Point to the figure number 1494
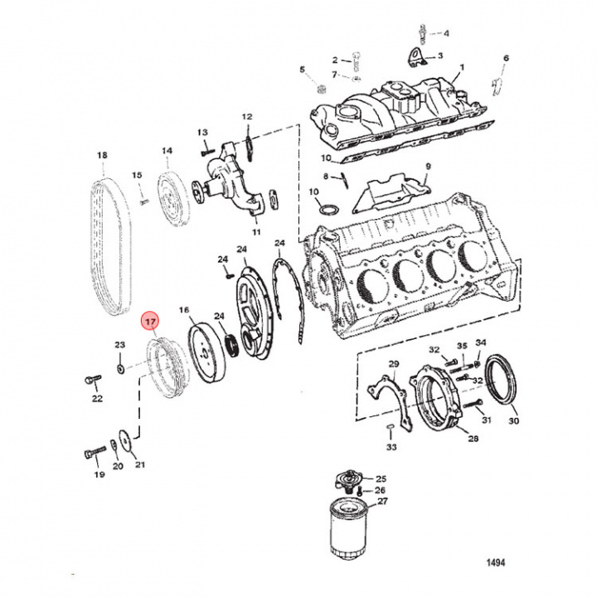[496, 563]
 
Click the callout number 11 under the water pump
[256, 232]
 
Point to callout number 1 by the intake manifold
[462, 68]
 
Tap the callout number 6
[506, 58]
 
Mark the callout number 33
[391, 447]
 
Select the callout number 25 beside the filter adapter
[381, 479]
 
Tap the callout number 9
[429, 167]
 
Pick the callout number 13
[201, 133]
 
